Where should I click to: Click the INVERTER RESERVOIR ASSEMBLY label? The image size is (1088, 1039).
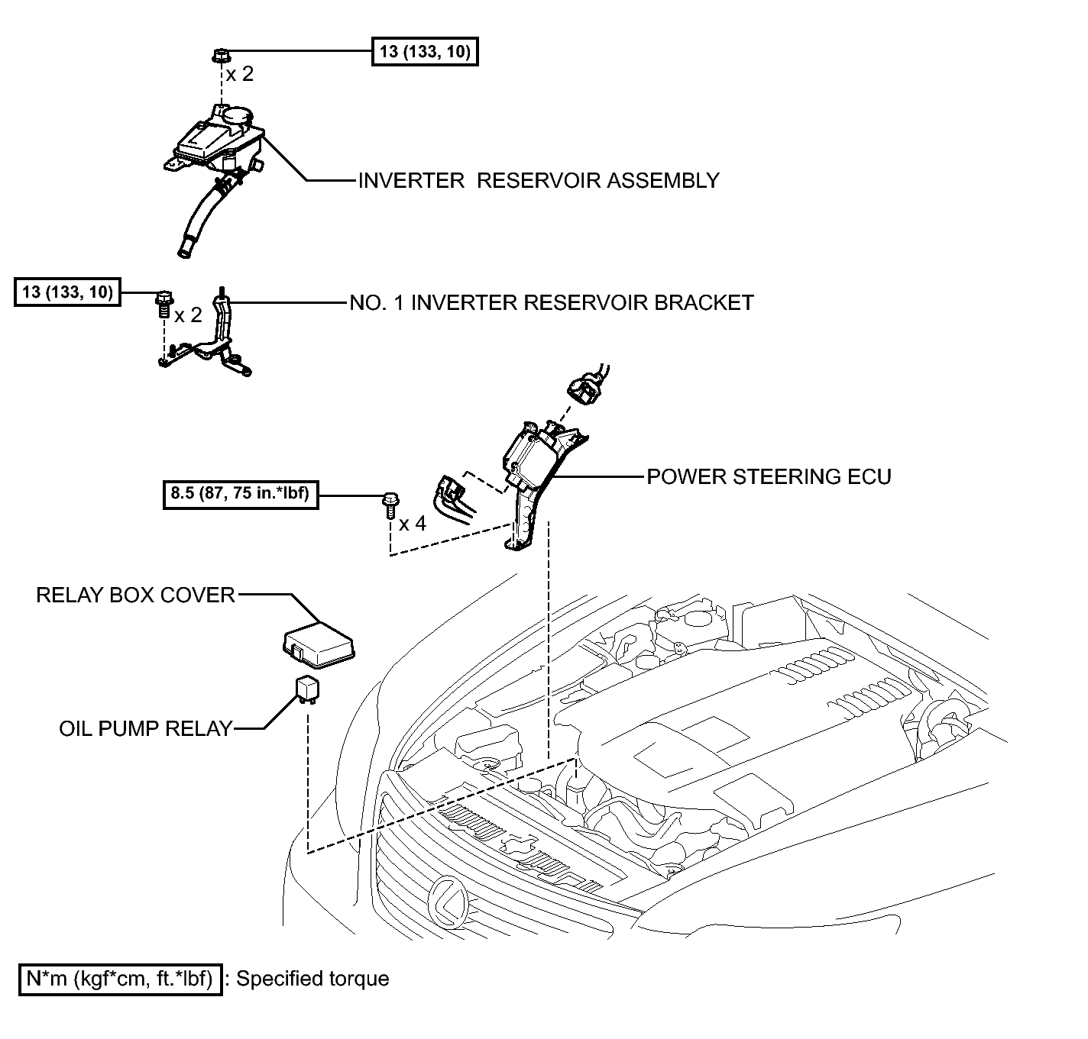pyautogui.click(x=539, y=180)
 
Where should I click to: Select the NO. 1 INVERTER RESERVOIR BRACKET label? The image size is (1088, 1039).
pyautogui.click(x=552, y=303)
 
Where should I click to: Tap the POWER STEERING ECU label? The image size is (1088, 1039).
pyautogui.click(x=769, y=476)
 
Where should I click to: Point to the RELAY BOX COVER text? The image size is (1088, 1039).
pyautogui.click(x=135, y=595)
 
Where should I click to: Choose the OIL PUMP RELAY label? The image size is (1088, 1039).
pyautogui.click(x=145, y=728)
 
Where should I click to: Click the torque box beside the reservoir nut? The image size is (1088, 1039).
pyautogui.click(x=425, y=52)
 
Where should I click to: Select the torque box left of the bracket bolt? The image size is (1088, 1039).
pyautogui.click(x=68, y=292)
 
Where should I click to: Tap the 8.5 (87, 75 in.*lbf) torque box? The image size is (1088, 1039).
pyautogui.click(x=241, y=494)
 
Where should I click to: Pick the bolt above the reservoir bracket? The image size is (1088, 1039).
pyautogui.click(x=164, y=303)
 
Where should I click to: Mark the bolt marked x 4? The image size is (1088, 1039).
pyautogui.click(x=390, y=505)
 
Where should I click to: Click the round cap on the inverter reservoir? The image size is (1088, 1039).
pyautogui.click(x=237, y=116)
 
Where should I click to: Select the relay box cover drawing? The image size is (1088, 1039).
pyautogui.click(x=319, y=645)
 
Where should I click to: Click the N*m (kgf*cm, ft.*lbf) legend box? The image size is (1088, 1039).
pyautogui.click(x=120, y=979)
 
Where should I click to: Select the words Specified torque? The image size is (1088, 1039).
pyautogui.click(x=312, y=979)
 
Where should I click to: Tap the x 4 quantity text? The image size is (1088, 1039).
pyautogui.click(x=413, y=524)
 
